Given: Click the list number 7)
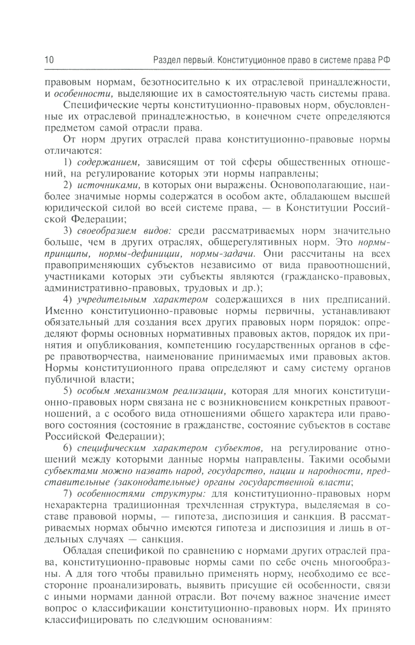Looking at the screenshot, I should [x=68, y=494].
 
